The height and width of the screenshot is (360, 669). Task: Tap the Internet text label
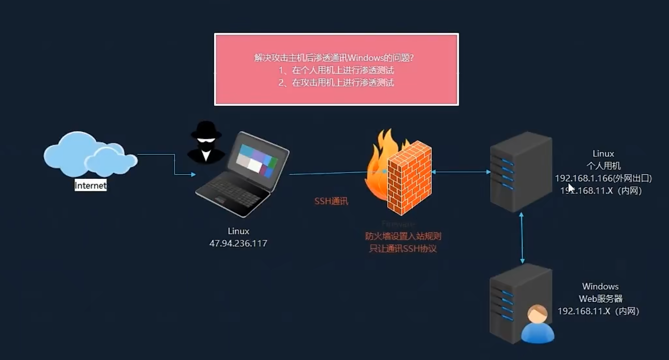tap(90, 186)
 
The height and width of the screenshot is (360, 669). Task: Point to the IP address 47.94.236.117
tap(238, 243)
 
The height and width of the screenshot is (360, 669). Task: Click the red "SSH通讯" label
tap(331, 201)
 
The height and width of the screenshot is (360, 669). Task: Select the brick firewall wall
tap(410, 178)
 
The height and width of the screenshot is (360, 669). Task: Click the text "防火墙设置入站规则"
tap(403, 236)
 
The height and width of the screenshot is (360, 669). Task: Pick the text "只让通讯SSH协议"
tap(403, 249)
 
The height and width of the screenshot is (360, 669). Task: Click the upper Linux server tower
tap(521, 171)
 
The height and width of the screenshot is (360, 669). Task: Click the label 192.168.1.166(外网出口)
tap(603, 178)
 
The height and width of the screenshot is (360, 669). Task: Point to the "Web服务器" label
tap(601, 299)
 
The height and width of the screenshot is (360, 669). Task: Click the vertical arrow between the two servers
tap(522, 238)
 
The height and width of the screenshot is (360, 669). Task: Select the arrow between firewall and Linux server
tap(461, 172)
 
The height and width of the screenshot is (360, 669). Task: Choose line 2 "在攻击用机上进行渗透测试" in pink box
tap(336, 83)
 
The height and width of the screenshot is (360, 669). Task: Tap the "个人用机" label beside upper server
tap(604, 166)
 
